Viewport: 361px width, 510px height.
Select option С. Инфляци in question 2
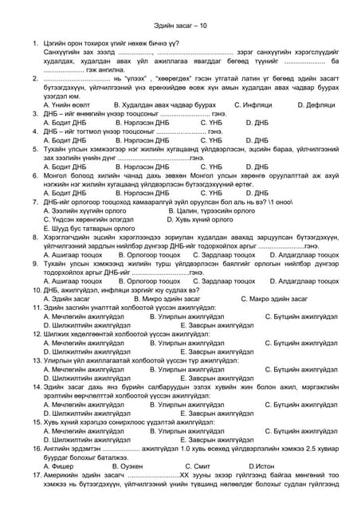(x=257, y=104)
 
